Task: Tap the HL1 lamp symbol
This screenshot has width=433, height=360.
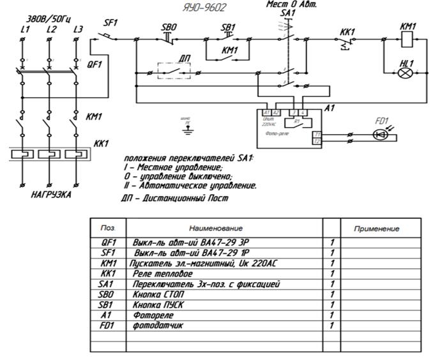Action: click(x=404, y=73)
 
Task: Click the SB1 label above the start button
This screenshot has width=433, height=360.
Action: click(x=227, y=28)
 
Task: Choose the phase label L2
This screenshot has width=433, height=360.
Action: click(x=51, y=29)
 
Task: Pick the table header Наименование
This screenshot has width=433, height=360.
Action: click(x=216, y=228)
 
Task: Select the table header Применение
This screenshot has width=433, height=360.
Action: click(x=381, y=228)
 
